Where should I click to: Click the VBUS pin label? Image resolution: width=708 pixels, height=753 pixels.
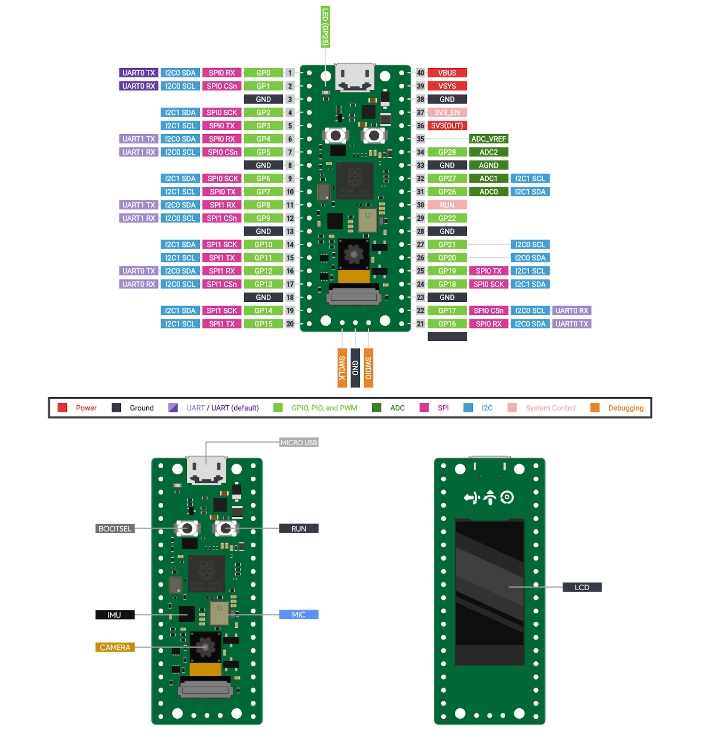point(447,73)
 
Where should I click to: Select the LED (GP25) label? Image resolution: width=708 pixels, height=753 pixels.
point(325,27)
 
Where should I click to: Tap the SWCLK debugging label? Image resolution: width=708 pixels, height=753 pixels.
point(342,368)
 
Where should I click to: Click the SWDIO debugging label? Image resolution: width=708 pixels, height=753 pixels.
point(368,368)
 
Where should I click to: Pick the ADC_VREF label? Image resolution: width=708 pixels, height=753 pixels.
point(488,139)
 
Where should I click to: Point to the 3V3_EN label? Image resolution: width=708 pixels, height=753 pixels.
point(447,112)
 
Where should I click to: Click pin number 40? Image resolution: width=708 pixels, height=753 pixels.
point(420,73)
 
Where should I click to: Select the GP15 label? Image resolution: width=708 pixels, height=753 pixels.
point(263,324)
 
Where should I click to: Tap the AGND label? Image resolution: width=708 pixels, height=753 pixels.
point(488,165)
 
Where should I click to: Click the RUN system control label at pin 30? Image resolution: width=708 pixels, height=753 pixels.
point(447,205)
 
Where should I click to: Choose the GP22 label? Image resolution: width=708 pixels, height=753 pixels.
point(447,218)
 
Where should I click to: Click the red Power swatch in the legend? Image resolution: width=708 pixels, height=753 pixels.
point(62,408)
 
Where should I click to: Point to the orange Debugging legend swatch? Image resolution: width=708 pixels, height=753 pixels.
point(595,408)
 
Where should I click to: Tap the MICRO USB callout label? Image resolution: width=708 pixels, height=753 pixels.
point(299,442)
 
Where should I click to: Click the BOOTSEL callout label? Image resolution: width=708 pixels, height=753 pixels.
point(115,529)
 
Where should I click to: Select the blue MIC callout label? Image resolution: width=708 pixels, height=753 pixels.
point(299,615)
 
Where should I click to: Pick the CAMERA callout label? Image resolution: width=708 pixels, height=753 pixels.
point(115,648)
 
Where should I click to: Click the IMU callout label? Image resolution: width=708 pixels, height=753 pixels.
point(115,615)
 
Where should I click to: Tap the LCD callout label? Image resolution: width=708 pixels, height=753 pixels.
point(582,587)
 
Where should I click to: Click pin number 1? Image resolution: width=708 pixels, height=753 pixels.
point(290,73)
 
